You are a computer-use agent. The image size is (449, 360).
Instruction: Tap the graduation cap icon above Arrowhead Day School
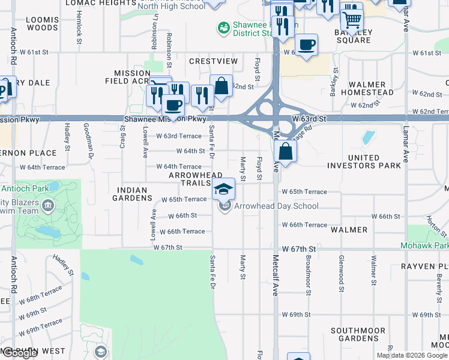(224, 188)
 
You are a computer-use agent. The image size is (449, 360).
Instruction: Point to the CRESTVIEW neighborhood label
(213, 61)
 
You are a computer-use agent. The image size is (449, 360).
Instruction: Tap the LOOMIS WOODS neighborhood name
(43, 23)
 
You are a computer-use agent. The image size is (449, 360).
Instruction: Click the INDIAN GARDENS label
(129, 194)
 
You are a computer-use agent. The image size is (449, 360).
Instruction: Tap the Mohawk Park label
(425, 246)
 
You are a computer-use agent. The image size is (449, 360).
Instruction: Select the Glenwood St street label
(341, 277)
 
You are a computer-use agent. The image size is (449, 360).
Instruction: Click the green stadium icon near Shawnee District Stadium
(223, 28)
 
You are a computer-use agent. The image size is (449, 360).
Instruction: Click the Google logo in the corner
(20, 353)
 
